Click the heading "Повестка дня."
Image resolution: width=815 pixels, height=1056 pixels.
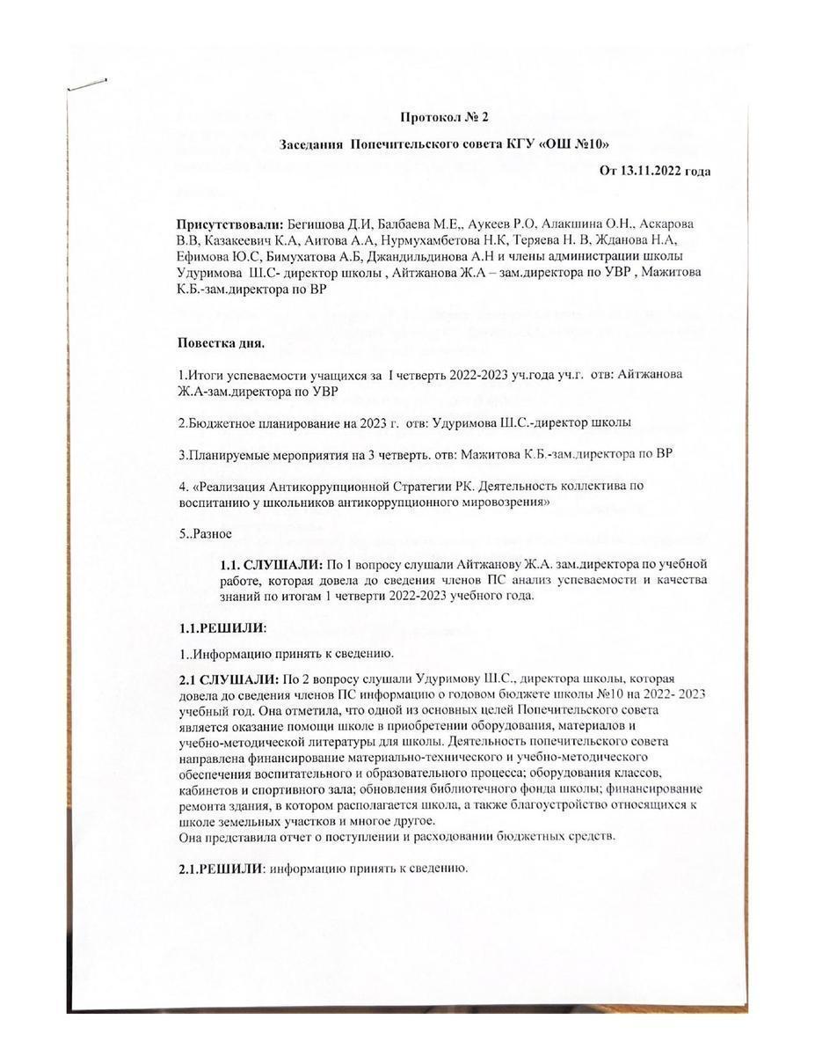coord(221,341)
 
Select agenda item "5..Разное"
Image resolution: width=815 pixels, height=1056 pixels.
coord(205,533)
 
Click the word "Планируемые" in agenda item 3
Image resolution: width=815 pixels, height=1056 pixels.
coord(225,454)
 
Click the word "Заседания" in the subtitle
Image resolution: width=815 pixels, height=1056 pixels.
coord(311,143)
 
